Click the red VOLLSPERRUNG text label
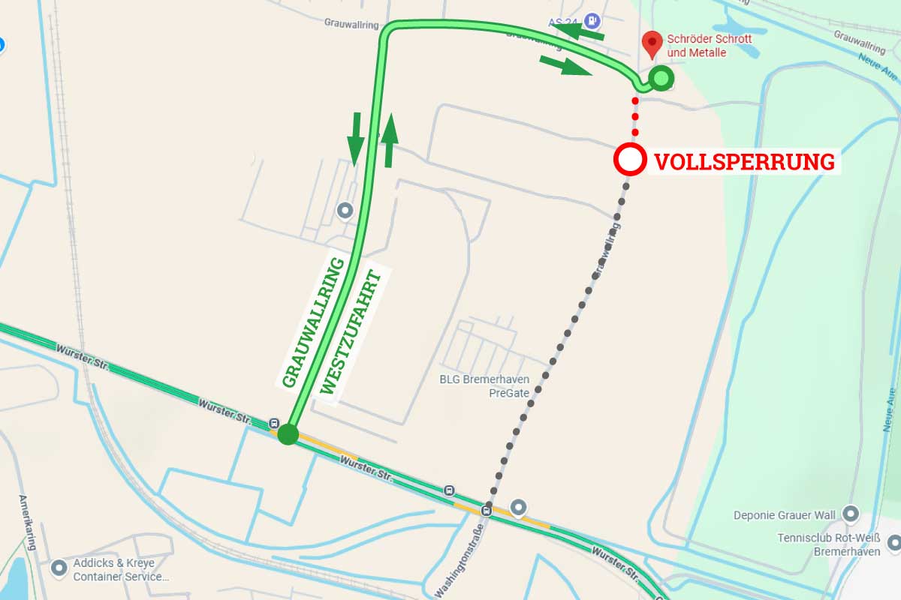[x=744, y=161]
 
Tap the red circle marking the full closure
[x=630, y=159]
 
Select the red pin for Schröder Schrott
[x=652, y=44]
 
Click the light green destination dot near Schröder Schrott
[x=661, y=77]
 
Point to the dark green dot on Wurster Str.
[x=288, y=433]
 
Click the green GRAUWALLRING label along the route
[x=313, y=322]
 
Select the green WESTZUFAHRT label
[x=351, y=331]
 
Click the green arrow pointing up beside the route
[x=389, y=140]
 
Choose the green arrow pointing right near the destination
[x=565, y=65]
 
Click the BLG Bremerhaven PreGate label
[x=484, y=385]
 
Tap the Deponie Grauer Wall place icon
[x=851, y=514]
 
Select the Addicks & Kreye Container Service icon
[x=59, y=568]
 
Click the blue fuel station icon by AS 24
[x=594, y=21]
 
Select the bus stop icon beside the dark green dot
[x=274, y=424]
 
